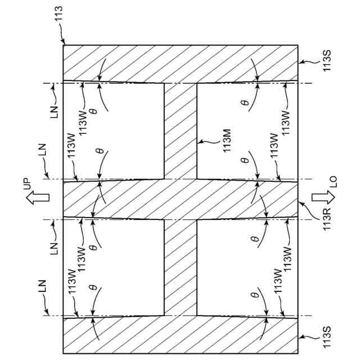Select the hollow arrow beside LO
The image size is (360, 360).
[x=322, y=200]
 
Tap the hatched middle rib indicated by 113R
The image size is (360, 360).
[x=180, y=199]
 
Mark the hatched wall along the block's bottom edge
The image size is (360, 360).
[x=180, y=335]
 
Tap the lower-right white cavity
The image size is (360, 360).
[x=247, y=267]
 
